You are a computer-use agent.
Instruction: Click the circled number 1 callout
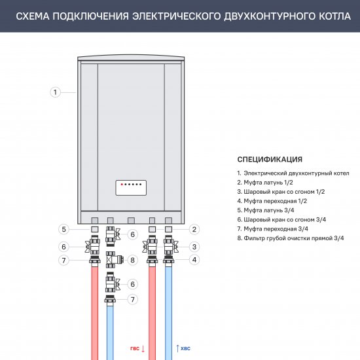[56, 92]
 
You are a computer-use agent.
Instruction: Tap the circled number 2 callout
[195, 229]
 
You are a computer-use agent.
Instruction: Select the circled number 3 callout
[195, 247]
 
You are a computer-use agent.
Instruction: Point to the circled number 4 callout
[195, 260]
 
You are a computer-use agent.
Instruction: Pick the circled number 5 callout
[63, 229]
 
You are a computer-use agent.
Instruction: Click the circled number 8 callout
[132, 260]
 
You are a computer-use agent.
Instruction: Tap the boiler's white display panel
[130, 188]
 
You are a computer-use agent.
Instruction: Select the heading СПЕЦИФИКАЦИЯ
[270, 159]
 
